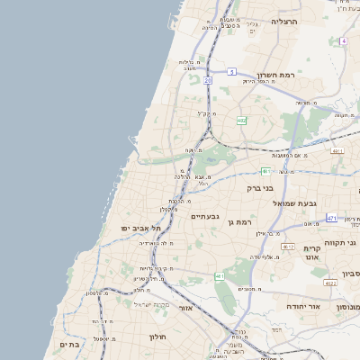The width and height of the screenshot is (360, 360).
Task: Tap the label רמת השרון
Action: point(277,76)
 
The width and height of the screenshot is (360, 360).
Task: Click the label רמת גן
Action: point(244,220)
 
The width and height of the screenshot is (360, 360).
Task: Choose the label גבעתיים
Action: point(205,216)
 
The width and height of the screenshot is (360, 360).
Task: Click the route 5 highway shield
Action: point(231,71)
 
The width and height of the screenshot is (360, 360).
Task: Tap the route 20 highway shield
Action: point(207,80)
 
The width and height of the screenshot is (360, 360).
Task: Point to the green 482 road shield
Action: point(241,120)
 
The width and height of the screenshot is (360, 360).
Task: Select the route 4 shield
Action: point(343,40)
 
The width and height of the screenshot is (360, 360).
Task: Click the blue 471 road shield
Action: point(331,219)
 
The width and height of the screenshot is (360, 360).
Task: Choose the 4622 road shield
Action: point(330,283)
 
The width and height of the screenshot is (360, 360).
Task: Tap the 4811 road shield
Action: point(337,151)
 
